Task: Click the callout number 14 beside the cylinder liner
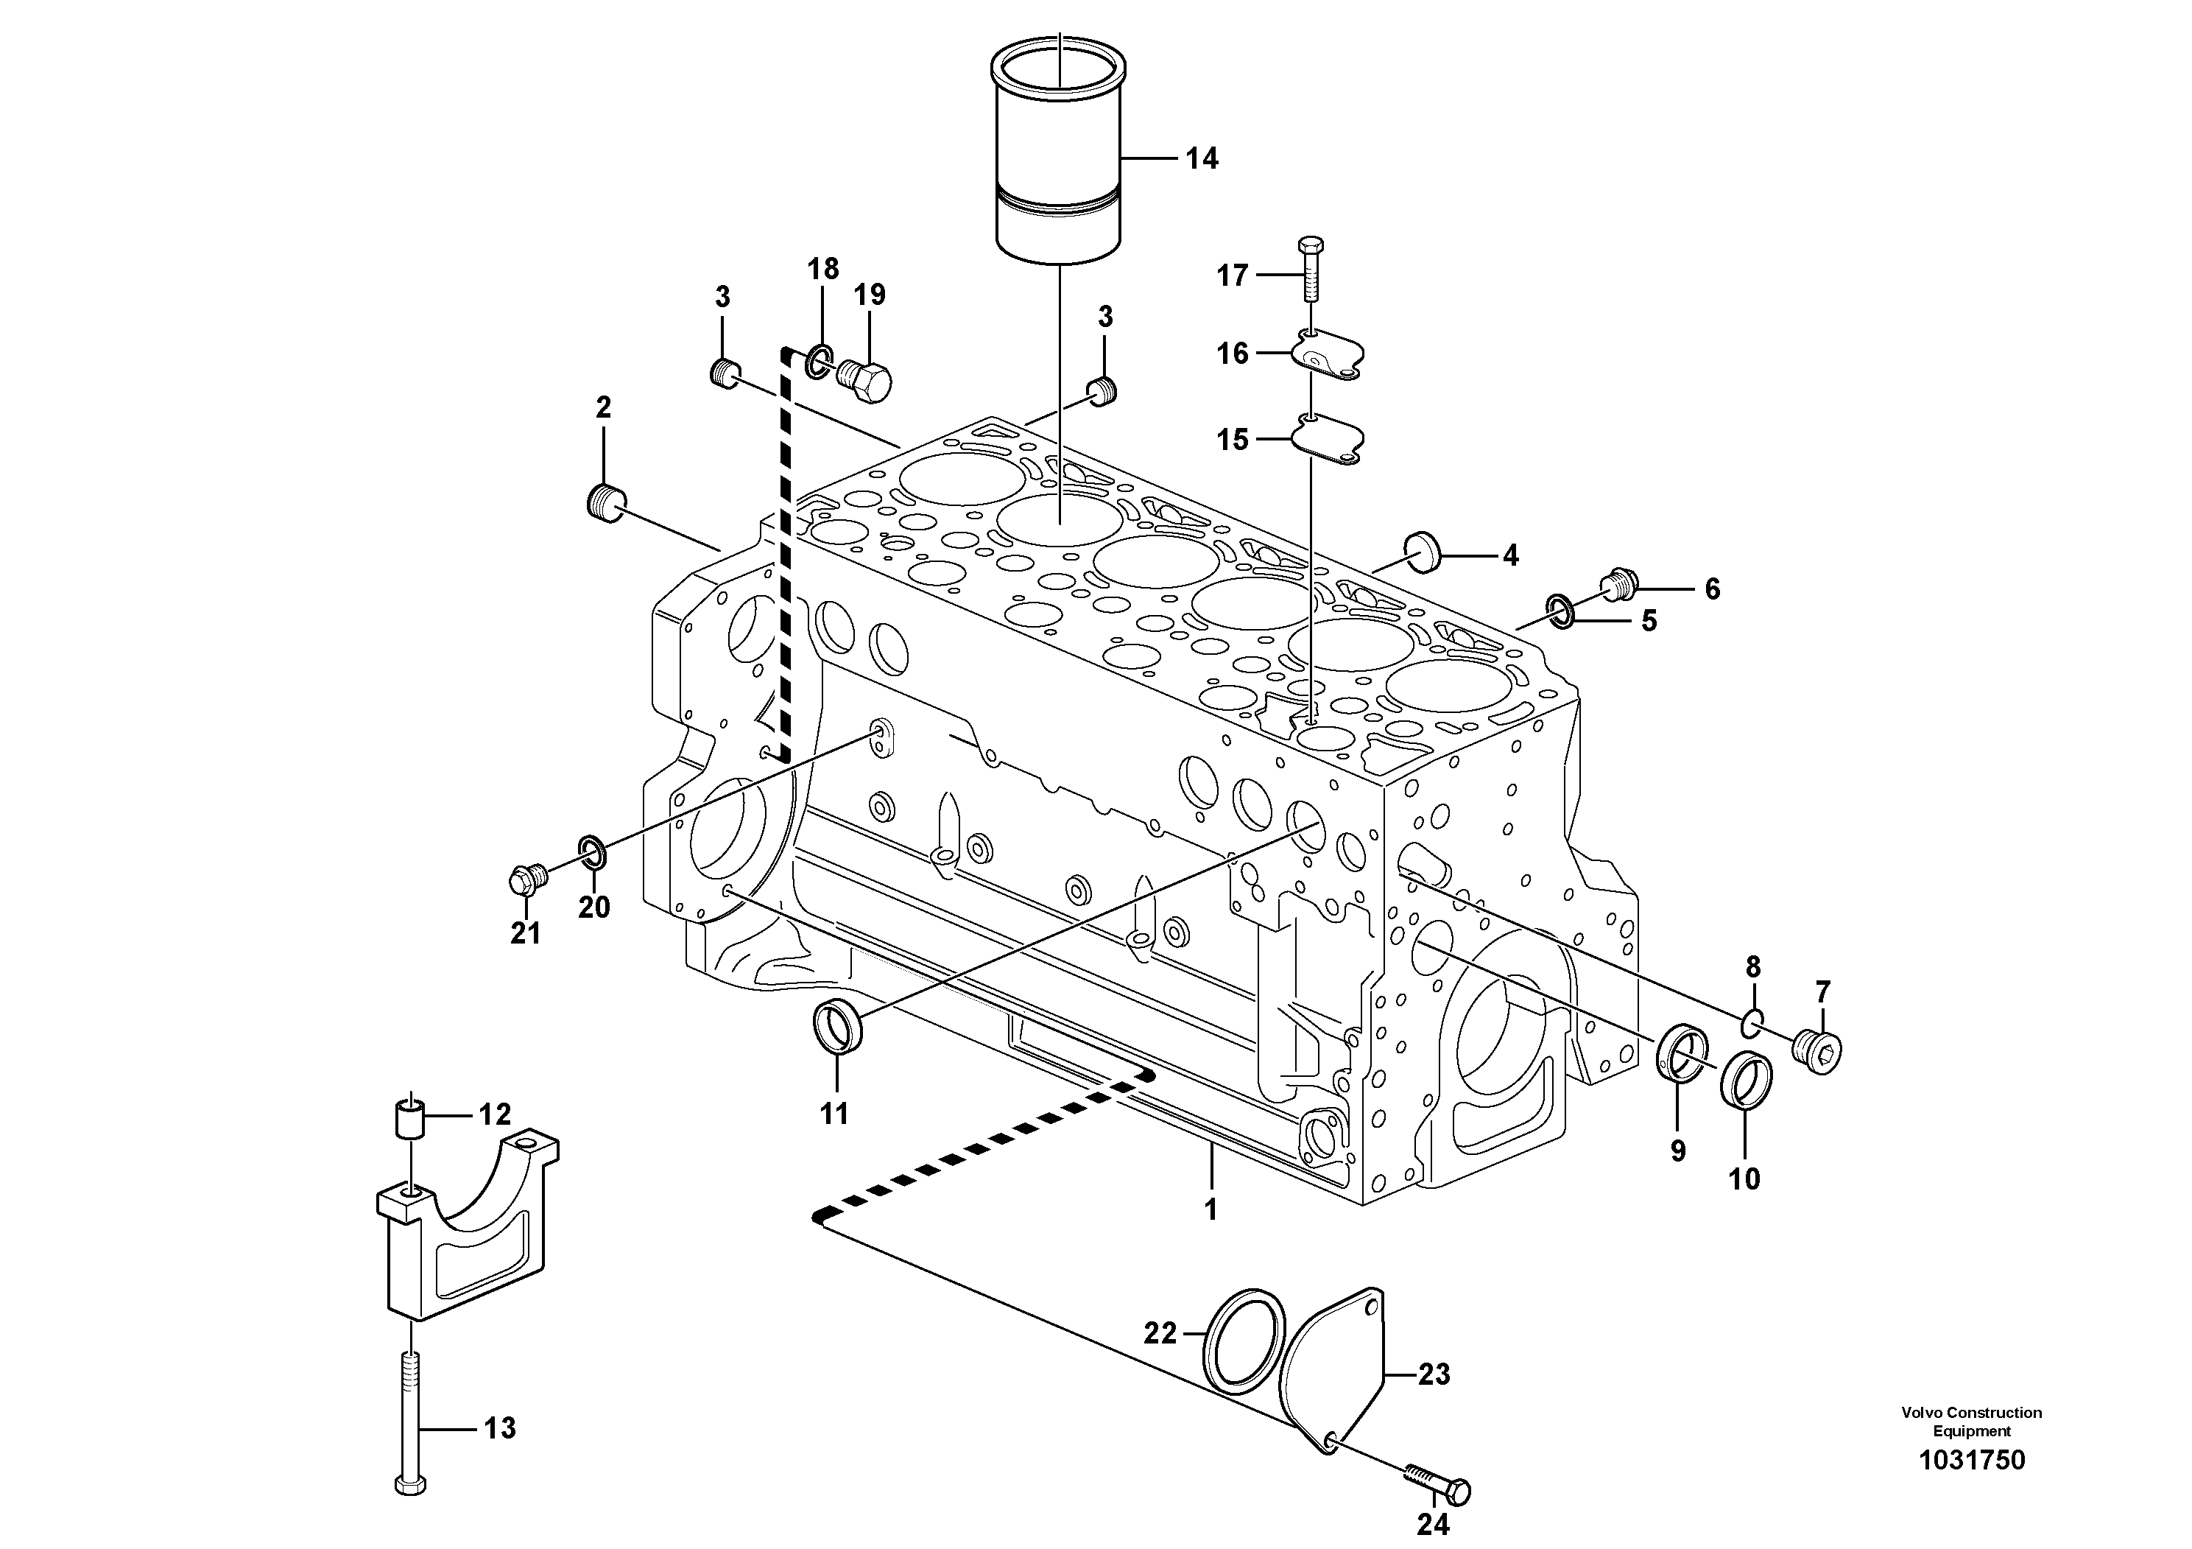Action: pos(1201,158)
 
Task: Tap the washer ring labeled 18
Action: pos(818,362)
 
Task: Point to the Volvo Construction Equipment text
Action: pos(1970,1420)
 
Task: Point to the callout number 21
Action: pos(525,933)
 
